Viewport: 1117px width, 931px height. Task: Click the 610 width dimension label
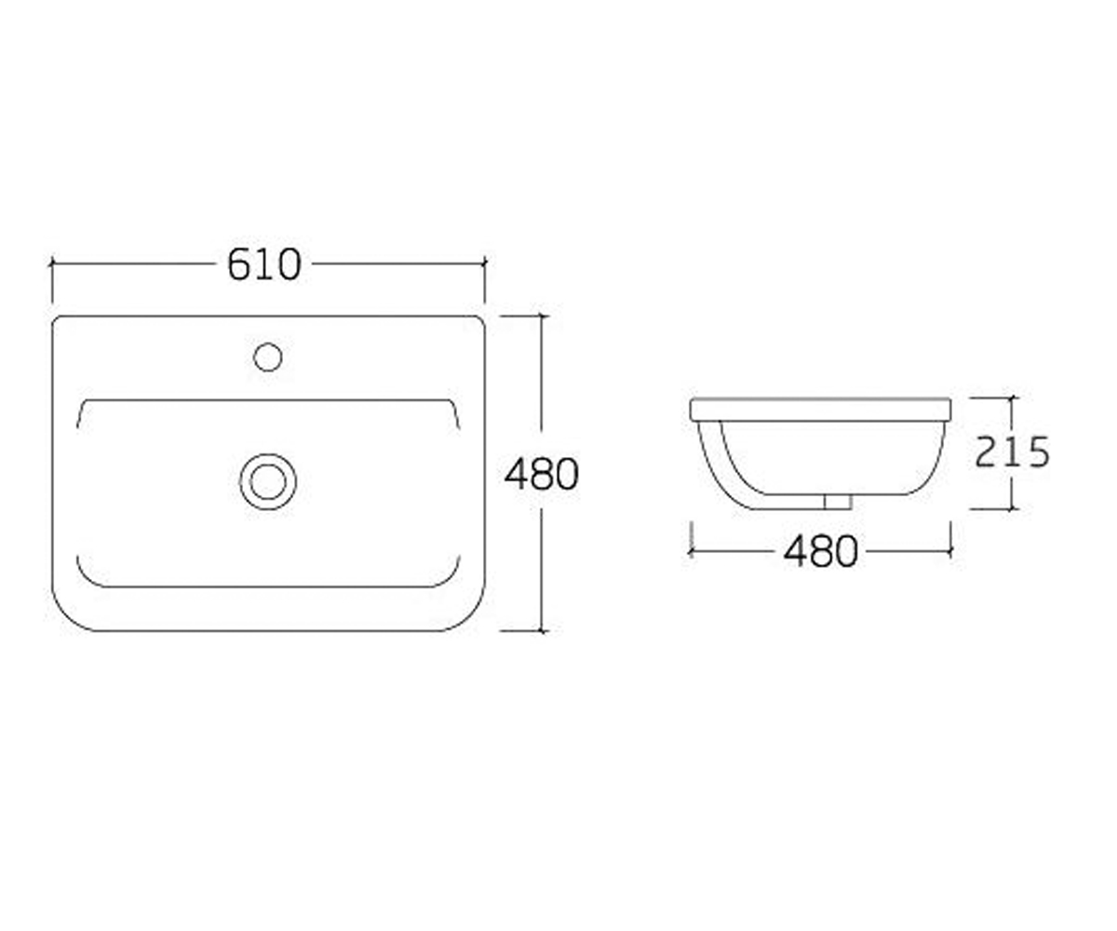click(264, 264)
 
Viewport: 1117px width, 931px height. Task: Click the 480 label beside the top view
click(542, 474)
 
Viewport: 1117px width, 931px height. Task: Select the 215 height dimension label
click(1012, 452)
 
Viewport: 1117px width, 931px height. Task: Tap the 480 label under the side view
click(821, 552)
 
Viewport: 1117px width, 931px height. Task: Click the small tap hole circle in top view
click(268, 357)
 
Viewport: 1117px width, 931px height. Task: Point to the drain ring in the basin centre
click(268, 481)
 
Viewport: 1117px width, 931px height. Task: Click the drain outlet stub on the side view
click(838, 502)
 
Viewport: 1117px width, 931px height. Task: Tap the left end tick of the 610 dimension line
click(52, 263)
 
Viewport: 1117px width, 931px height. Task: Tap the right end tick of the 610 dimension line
click(485, 263)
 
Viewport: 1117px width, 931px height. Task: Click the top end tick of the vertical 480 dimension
click(543, 317)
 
